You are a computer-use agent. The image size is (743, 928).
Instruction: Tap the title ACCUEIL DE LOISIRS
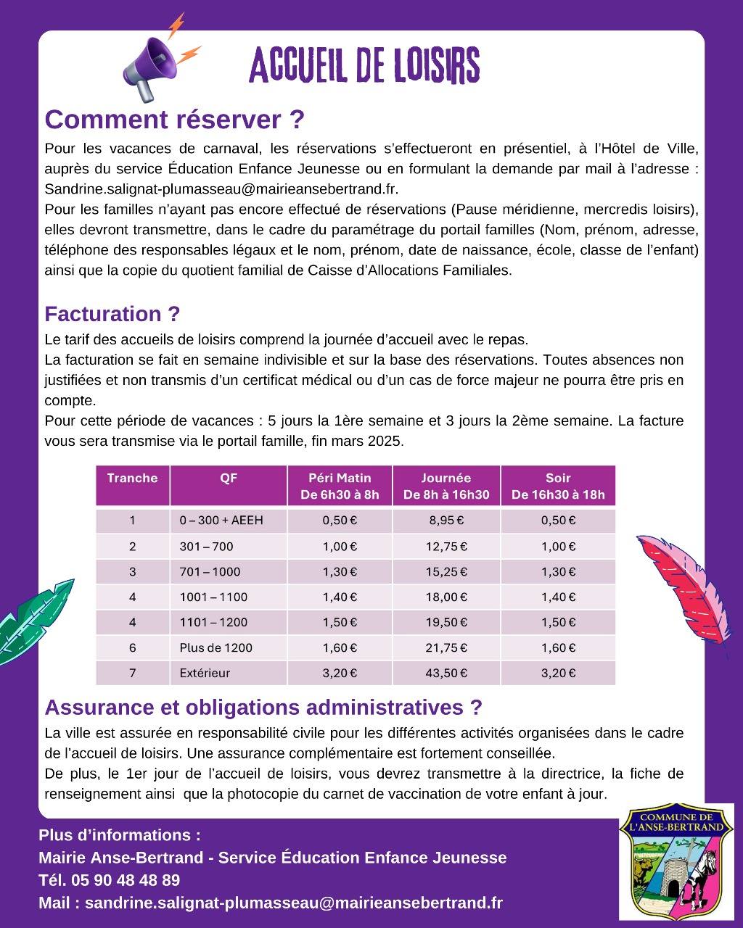(364, 66)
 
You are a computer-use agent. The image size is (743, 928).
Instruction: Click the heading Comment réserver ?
(174, 119)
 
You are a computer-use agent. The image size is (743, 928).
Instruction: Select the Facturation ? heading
(112, 314)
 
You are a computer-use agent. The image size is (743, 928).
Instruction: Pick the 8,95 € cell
(446, 520)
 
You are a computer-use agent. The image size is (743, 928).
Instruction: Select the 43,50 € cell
(446, 673)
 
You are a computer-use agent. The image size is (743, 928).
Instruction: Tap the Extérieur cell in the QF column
(205, 673)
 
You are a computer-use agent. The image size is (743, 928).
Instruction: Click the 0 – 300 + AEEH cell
(221, 520)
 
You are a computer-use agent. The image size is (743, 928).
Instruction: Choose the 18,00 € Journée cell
(446, 597)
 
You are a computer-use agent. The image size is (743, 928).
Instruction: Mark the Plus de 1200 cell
(215, 647)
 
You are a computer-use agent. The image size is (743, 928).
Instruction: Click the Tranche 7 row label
(133, 673)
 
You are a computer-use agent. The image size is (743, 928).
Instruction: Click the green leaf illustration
(35, 613)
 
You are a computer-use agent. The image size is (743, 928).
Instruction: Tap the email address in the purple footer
(293, 903)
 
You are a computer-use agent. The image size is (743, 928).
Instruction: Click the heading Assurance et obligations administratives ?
(263, 707)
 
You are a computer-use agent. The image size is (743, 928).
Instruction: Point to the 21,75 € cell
(446, 647)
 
